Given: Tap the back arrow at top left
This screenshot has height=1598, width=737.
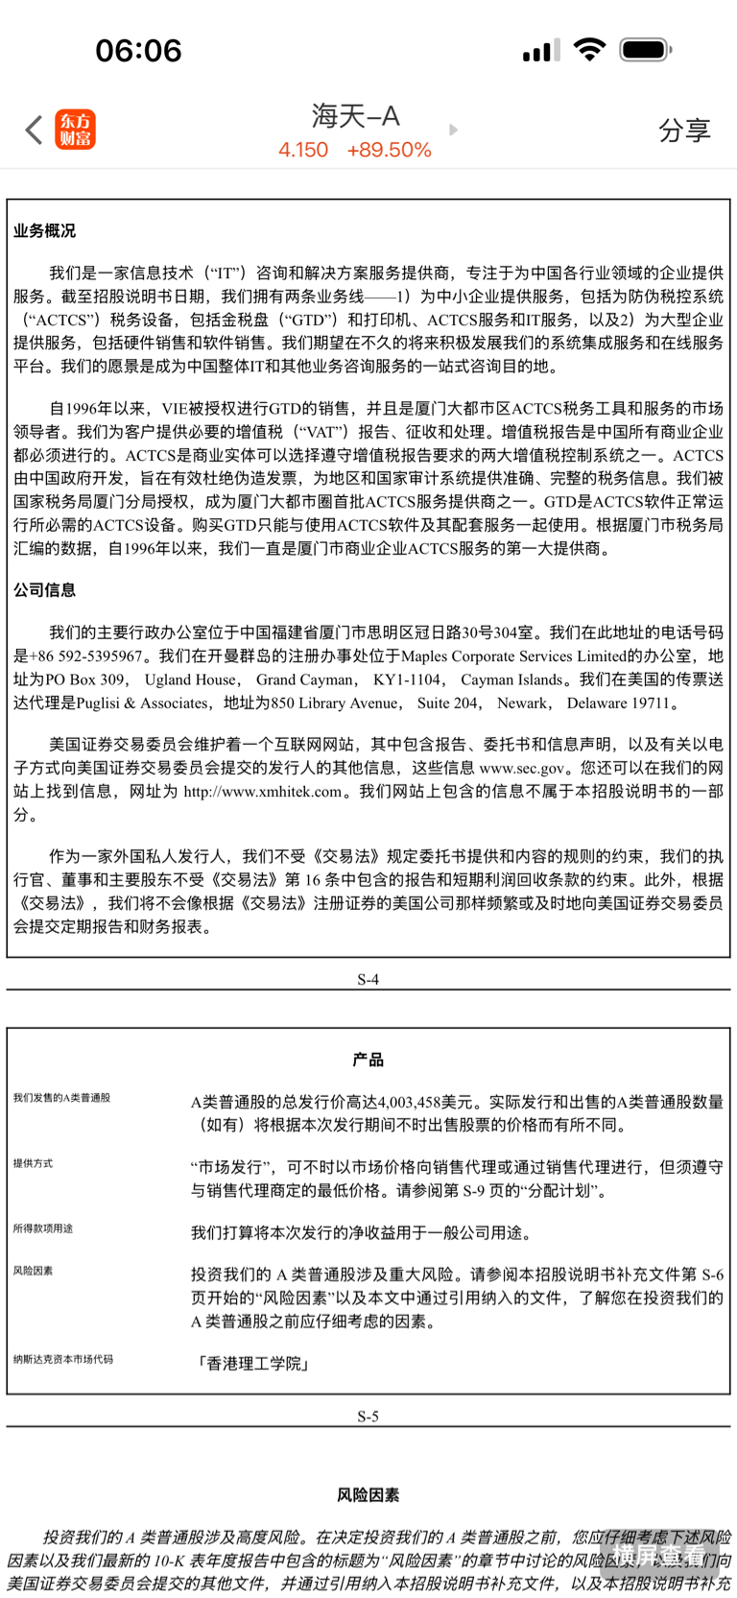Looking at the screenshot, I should point(35,130).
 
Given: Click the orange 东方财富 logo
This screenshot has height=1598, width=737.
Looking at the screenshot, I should point(76,130).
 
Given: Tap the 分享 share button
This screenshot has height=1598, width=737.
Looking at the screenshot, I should point(684,131).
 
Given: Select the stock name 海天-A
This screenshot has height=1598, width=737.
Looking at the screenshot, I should point(355,116).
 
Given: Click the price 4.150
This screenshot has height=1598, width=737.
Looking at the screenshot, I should point(303,151).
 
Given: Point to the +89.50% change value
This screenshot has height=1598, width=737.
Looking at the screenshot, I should point(389,151).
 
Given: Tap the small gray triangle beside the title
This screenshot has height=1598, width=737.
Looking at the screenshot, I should point(454,130).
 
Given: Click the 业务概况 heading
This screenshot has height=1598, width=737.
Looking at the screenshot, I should point(44,231).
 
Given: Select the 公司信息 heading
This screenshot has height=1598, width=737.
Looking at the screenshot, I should point(44,590).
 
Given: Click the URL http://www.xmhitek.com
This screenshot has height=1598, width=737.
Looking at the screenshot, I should point(263,792).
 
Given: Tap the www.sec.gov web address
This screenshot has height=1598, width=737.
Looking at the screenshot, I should point(522,769).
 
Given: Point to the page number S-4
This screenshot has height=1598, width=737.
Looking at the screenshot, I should point(368,979).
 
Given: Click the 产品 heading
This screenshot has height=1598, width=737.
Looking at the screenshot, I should point(368,1060).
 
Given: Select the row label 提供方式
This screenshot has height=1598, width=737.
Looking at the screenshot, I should point(34,1164).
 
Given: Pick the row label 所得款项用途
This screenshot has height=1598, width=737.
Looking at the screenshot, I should point(43,1228).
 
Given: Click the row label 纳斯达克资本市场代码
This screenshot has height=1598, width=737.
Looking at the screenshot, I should point(63,1359).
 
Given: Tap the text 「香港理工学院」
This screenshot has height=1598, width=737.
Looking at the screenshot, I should point(251,1364).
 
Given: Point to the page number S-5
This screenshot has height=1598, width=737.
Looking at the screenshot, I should point(368,1416).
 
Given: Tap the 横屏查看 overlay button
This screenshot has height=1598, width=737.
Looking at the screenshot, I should point(658,1554).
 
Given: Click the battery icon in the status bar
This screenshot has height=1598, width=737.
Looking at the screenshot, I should point(645,50).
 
